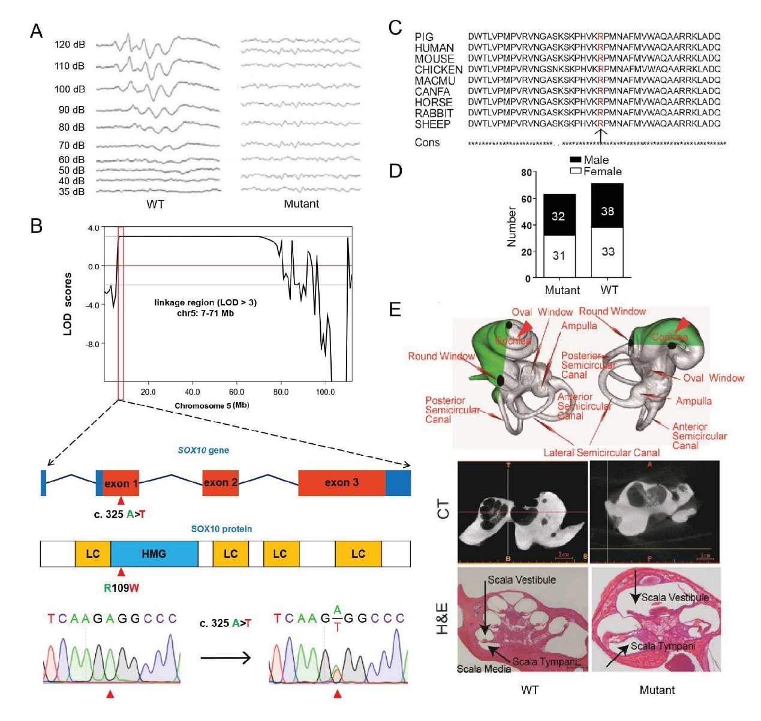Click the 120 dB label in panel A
point(70,44)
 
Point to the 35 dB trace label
point(71,192)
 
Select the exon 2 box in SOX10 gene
point(220,483)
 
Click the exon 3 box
point(341,483)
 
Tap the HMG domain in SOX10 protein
point(154,554)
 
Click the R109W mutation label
point(121,588)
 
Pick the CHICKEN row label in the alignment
point(438,70)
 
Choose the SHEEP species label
point(432,124)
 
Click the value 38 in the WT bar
point(607,211)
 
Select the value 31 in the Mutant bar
point(559,256)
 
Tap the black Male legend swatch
point(575,160)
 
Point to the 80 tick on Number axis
point(526,173)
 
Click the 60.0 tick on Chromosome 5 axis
point(236,392)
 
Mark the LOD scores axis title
point(68,304)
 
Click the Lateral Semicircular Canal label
point(601,453)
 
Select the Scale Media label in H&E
point(483,669)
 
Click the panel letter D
point(395,171)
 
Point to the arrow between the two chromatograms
point(225,658)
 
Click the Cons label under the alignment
point(427,143)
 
